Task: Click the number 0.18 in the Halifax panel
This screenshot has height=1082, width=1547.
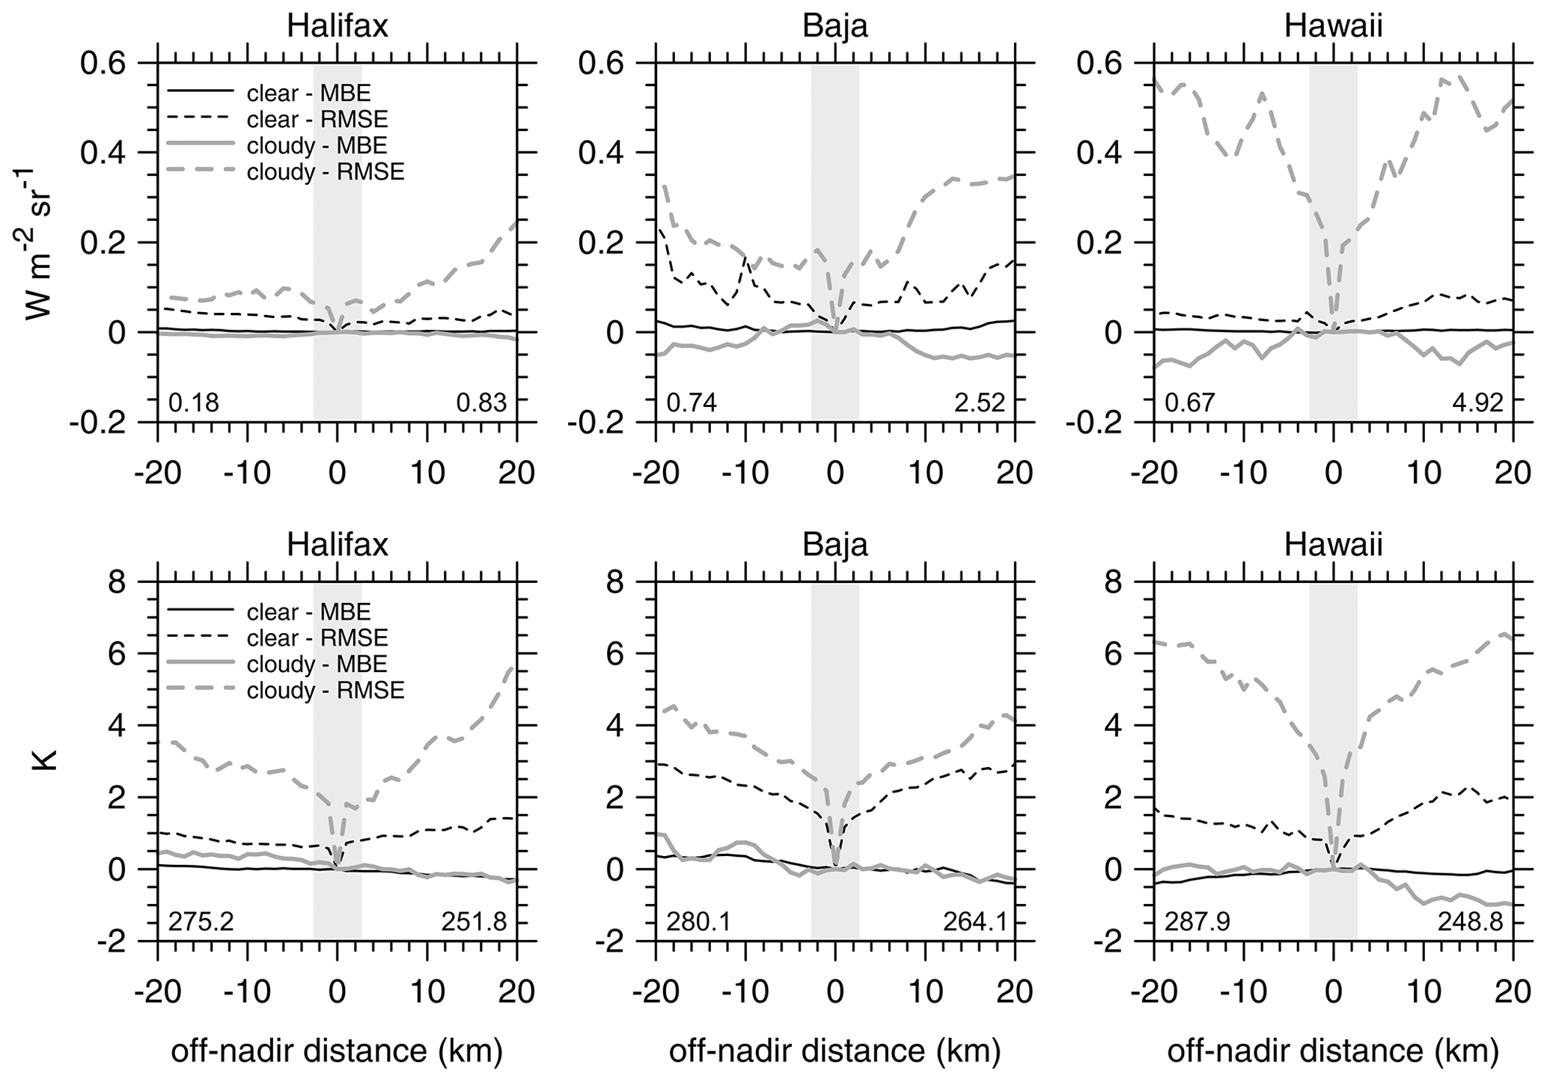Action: [194, 403]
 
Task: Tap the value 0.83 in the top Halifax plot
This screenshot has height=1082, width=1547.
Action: [481, 403]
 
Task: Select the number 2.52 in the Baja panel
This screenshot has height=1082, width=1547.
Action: [980, 403]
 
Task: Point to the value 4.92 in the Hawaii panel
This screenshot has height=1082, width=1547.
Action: [1477, 403]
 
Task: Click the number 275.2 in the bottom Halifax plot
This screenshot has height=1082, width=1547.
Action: [201, 922]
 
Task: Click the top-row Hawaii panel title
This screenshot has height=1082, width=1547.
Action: [1333, 27]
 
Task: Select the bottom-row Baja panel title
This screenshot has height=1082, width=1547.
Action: [835, 545]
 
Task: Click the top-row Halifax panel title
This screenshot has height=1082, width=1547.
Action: [338, 27]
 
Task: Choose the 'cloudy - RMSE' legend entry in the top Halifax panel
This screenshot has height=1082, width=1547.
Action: [325, 172]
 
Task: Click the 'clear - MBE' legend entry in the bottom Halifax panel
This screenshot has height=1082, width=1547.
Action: [308, 612]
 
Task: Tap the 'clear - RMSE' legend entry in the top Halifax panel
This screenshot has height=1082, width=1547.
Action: [317, 119]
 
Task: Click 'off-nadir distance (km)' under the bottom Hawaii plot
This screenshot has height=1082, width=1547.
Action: [1333, 1051]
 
